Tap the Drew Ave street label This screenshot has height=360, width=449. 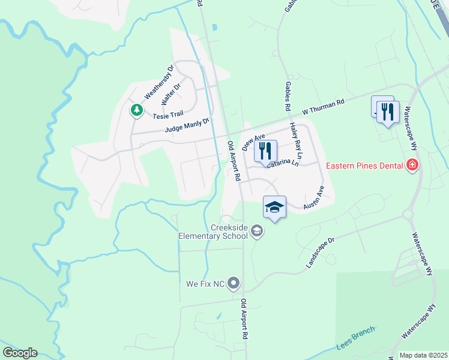[253, 142]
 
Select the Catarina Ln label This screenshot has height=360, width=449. [283, 162]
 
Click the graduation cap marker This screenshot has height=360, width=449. [275, 207]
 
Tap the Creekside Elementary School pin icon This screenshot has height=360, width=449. [257, 231]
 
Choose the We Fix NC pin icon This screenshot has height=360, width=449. [234, 283]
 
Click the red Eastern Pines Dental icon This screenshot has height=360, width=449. [412, 164]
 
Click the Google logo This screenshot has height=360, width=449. [20, 353]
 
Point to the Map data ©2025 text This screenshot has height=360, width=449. [423, 355]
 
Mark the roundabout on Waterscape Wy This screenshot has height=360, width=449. [409, 214]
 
